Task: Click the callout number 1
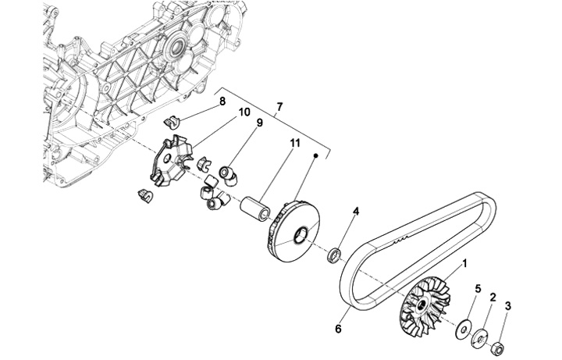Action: pyautogui.click(x=465, y=264)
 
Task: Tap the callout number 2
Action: pyautogui.click(x=493, y=298)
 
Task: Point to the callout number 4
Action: pyautogui.click(x=356, y=212)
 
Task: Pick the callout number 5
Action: pyautogui.click(x=478, y=289)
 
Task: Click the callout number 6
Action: pyautogui.click(x=338, y=330)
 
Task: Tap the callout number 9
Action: pyautogui.click(x=259, y=123)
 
